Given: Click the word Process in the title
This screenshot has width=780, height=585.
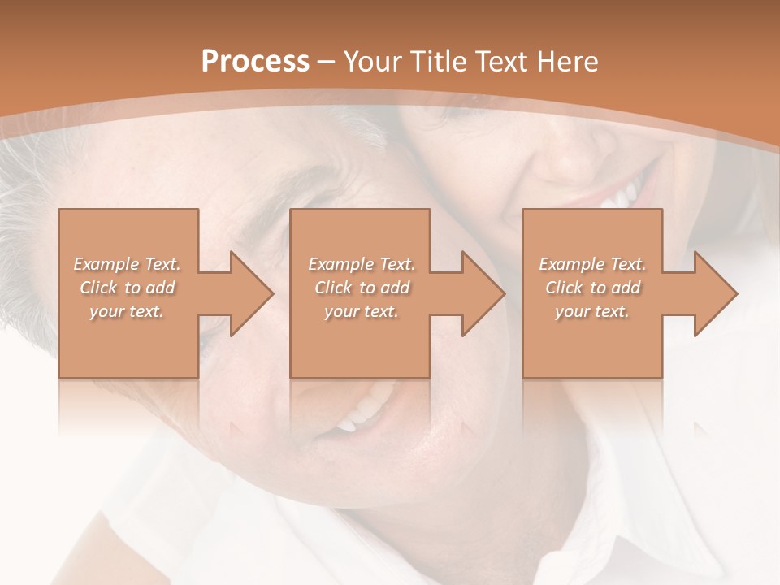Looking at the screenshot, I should coord(255,62).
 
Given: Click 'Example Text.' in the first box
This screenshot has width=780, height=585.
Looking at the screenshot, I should coord(127,264).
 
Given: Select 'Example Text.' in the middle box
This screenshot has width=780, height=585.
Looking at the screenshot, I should coord(362,264).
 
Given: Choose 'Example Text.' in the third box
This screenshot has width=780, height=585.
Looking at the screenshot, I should coord(592,264).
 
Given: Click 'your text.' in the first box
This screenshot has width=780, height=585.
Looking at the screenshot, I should coord(127,311).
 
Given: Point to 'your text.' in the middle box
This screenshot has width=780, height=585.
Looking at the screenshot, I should coord(362,311).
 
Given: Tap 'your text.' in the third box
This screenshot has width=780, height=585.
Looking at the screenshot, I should coord(592,311).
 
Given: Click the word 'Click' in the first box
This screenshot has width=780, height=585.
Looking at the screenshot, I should coord(97,288).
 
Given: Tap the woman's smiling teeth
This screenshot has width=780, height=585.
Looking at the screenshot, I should coord(622,195).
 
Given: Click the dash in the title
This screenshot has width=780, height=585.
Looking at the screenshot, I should coord(327,62).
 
